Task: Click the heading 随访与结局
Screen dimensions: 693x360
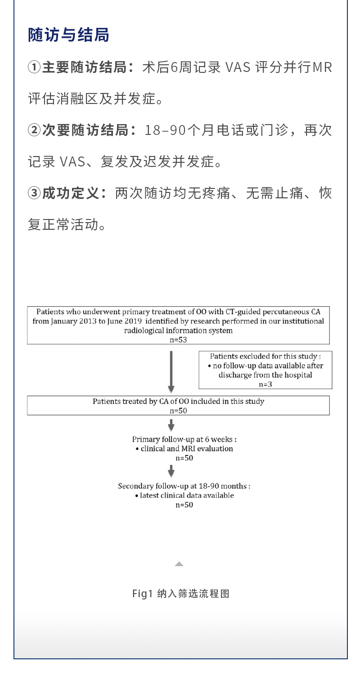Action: click(68, 35)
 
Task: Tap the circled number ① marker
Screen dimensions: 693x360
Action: click(34, 67)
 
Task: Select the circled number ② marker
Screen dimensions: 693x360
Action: click(34, 130)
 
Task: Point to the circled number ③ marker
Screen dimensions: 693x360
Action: click(34, 193)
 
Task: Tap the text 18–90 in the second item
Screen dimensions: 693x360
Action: click(165, 130)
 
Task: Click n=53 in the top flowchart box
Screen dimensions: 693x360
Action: click(178, 340)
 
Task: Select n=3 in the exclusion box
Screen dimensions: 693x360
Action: click(265, 385)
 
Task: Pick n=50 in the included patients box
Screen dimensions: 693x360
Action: click(178, 411)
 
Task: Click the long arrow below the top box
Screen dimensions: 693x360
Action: click(171, 371)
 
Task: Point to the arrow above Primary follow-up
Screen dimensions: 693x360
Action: click(171, 425)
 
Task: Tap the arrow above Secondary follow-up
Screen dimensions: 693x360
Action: click(171, 471)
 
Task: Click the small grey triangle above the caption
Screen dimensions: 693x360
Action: click(179, 564)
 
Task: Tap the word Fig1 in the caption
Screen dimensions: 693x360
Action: click(143, 594)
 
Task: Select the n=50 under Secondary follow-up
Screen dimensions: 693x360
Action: click(184, 505)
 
